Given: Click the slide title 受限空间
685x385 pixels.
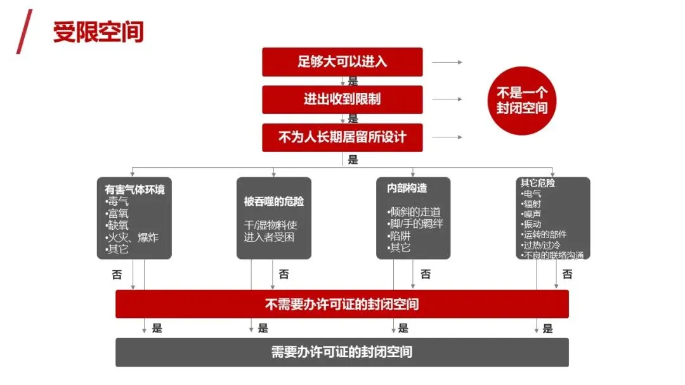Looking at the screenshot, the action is coord(98,32).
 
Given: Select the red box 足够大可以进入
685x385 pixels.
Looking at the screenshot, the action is coord(342,61).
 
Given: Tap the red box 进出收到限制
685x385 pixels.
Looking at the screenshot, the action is coord(342,99).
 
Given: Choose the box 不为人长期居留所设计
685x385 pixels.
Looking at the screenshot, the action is coord(342,137).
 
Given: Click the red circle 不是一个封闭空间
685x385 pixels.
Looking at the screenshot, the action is coord(521,100).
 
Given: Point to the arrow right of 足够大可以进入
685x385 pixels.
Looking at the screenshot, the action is coord(447,63).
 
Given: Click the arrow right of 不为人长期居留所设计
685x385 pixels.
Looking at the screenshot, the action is coord(447,137).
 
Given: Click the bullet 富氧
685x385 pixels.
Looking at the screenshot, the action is coord(119,213).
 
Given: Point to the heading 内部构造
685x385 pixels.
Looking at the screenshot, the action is coord(407,188).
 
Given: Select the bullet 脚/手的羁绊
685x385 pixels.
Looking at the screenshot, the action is coord(415,224).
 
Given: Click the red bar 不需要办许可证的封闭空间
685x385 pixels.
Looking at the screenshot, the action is coord(342,304).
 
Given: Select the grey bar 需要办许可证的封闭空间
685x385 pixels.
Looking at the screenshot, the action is coord(342,352).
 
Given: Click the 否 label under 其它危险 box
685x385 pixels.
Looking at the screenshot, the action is coord(567,274).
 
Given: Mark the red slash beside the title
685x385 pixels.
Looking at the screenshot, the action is coord(24,32).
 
